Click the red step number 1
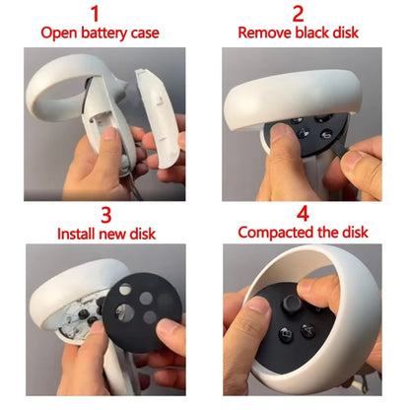pyautogui.click(x=96, y=14)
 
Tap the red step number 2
pyautogui.click(x=299, y=14)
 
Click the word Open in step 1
pyautogui.click(x=58, y=34)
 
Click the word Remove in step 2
pyautogui.click(x=265, y=33)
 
